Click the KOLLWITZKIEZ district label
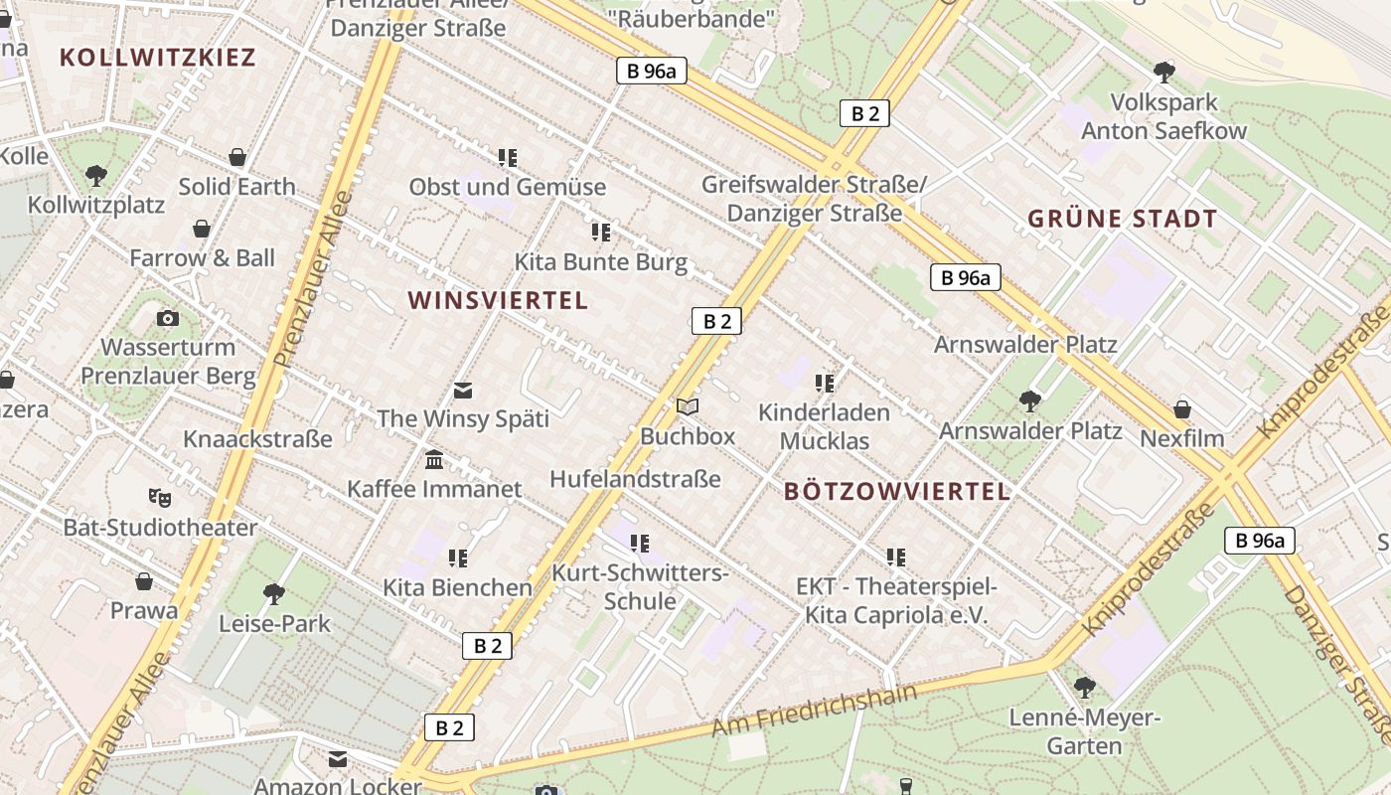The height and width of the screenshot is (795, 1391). [158, 57]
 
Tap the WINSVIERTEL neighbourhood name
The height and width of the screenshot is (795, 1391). [498, 300]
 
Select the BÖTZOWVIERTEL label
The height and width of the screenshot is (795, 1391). [897, 491]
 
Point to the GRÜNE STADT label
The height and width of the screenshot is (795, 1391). [1122, 219]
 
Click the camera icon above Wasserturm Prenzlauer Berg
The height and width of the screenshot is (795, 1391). [168, 318]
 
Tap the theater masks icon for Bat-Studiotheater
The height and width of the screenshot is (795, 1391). [159, 497]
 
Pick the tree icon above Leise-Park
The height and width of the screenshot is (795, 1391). [274, 594]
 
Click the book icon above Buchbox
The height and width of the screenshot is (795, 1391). [688, 406]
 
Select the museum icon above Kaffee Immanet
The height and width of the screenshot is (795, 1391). [434, 460]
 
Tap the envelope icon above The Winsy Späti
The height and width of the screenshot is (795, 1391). [463, 390]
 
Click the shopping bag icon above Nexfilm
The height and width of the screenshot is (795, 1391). [1182, 409]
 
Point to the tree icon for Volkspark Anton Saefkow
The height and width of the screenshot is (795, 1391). [1163, 72]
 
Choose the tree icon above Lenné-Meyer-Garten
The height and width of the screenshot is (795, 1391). [1085, 687]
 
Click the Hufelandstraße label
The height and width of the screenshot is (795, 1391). [635, 479]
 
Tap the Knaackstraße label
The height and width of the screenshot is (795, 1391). [257, 438]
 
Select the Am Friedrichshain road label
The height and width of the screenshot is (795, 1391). [814, 709]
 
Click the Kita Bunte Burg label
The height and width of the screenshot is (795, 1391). [600, 262]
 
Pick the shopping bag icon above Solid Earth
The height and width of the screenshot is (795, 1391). [237, 157]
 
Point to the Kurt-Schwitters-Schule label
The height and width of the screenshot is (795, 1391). [640, 587]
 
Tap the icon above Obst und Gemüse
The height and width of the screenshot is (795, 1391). [508, 157]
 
